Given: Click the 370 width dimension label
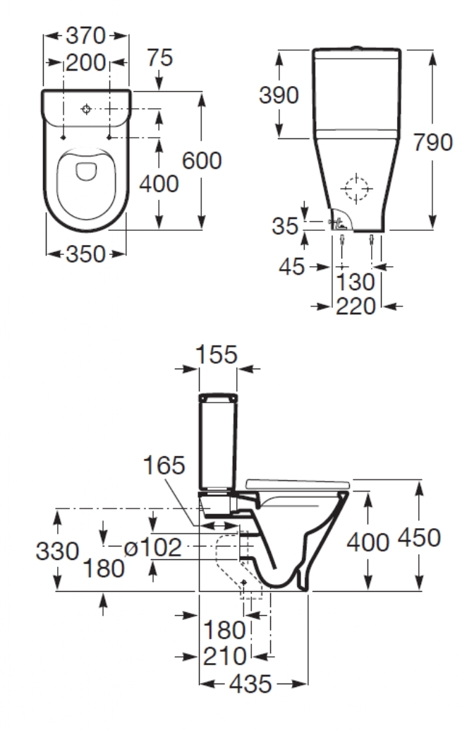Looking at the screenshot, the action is [86, 35].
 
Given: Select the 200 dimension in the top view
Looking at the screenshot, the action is [86, 63].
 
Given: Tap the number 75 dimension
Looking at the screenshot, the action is [159, 57].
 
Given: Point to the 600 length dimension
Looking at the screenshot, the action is [202, 160].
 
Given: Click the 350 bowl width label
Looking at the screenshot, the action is [86, 254].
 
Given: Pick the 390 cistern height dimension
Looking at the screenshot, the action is [279, 95].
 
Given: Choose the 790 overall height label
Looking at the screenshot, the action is [433, 143].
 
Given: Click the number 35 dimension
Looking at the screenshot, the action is [285, 226].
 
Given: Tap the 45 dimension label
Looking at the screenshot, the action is [292, 267].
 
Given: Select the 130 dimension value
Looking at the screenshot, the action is [356, 282].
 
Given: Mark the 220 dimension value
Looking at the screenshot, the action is [356, 306].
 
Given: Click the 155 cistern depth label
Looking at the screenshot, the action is [217, 354].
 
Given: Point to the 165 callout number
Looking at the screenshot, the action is [164, 465].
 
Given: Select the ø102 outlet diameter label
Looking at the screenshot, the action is [152, 547].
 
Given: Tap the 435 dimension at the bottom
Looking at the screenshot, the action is [250, 684].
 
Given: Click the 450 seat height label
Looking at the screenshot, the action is [419, 537].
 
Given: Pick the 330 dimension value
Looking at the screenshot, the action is [57, 551].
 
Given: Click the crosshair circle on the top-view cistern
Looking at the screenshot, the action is [86, 109].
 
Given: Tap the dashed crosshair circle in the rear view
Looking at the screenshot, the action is [356, 189].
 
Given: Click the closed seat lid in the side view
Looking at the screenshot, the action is [297, 484].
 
